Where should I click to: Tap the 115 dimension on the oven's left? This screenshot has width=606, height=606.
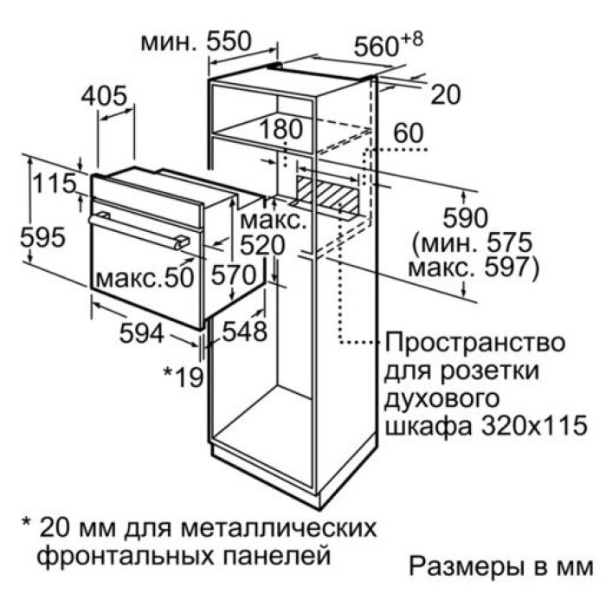(55, 183)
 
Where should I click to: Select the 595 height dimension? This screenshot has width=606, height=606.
(42, 237)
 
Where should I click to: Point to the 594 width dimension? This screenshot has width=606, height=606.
(141, 332)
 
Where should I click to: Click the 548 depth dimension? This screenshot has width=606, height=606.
(245, 332)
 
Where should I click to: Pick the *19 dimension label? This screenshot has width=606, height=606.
(184, 377)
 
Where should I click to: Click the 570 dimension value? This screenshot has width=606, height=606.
(234, 275)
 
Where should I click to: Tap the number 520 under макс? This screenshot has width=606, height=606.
(262, 245)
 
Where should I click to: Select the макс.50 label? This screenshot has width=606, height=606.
(145, 277)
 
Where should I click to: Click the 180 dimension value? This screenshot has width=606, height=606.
(281, 129)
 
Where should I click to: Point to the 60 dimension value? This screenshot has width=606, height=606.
(409, 132)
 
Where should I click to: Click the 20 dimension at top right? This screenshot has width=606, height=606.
(446, 94)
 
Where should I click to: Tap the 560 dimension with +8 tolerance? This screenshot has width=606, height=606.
(389, 44)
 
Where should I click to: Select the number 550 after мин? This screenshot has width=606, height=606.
(229, 41)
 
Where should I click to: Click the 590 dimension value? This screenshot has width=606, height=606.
(466, 217)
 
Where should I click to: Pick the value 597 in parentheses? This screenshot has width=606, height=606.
(506, 267)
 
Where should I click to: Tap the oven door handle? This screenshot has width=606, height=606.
(139, 231)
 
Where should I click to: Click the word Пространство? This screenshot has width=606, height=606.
(474, 343)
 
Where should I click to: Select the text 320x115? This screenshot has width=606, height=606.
(535, 426)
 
